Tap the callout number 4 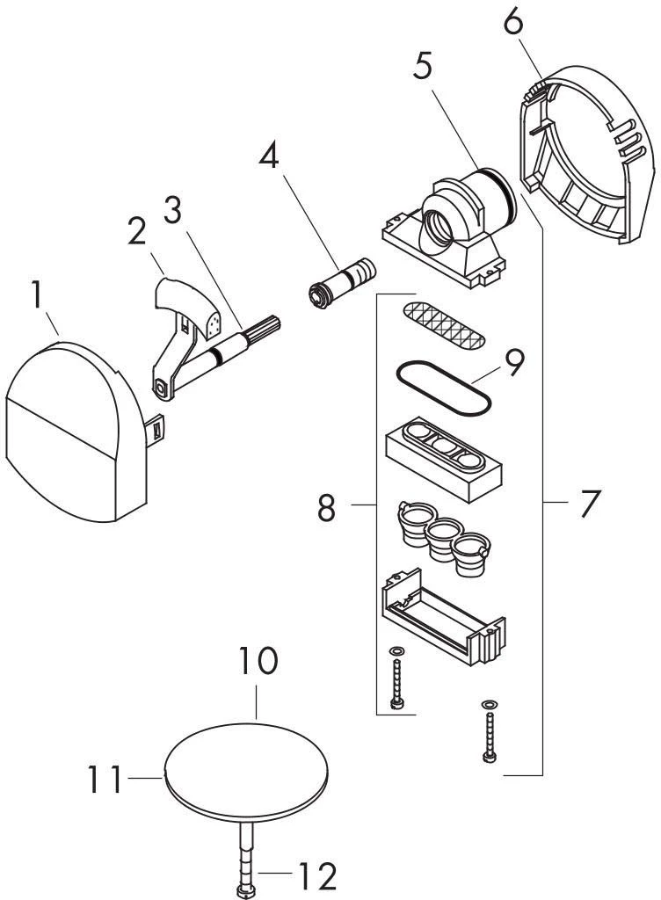(269, 155)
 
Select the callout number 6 (513, 24)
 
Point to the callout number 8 (326, 507)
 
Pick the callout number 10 (258, 661)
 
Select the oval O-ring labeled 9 (444, 387)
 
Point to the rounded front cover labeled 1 (75, 432)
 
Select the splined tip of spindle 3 (264, 330)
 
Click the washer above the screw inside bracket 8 (396, 651)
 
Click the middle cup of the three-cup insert (444, 539)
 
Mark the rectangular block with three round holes (444, 459)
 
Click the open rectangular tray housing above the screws (442, 617)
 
